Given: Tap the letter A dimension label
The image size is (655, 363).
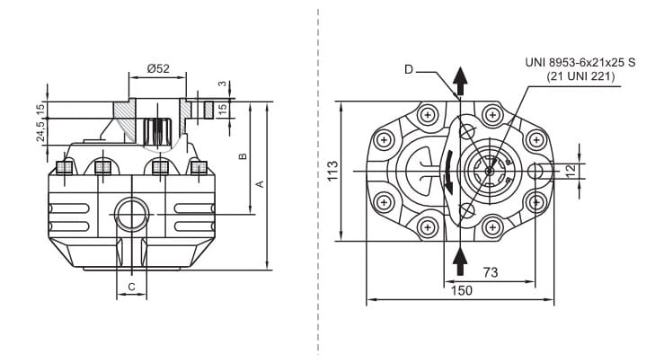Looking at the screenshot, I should coord(260,183).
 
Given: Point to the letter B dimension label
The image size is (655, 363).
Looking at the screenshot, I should coord(243,155).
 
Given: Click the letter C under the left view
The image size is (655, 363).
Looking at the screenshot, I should coord(131,287).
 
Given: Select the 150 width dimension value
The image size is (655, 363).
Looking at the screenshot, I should coord(460,290).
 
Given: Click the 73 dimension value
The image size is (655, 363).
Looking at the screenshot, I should coord(491,270).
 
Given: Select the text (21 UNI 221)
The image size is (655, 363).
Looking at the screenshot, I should coord(579,77).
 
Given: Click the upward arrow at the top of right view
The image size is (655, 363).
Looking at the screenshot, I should coord(460,81).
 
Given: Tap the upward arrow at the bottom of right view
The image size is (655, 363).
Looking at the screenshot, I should coord(460,261).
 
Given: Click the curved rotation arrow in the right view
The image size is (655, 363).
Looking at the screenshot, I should coord(447,173).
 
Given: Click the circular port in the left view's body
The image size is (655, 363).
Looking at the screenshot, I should coord(131,214).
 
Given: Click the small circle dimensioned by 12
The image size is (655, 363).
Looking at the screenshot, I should coord(536,171).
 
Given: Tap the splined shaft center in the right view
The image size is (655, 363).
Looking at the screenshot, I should coord(490,170).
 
